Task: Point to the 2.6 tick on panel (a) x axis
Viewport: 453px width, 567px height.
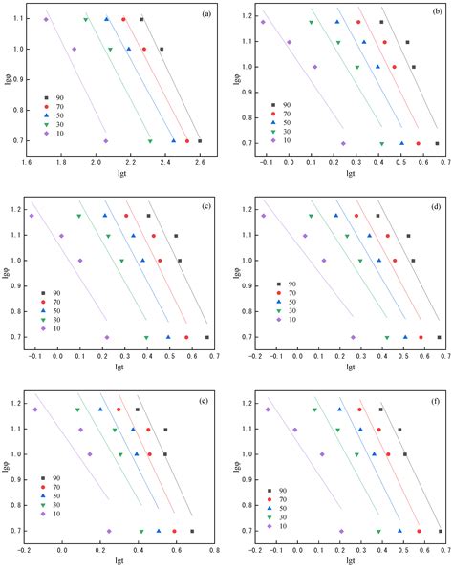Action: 200,161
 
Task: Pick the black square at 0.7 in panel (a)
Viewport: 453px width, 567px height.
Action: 199,141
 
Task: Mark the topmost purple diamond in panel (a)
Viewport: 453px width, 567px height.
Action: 46,19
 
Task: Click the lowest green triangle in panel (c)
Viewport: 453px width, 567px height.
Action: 146,337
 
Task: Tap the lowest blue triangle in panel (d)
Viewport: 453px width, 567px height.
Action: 404,337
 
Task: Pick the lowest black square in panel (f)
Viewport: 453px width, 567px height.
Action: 440,531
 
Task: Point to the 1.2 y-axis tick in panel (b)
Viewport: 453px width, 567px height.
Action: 245,16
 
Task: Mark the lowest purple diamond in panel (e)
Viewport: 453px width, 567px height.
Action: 109,531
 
